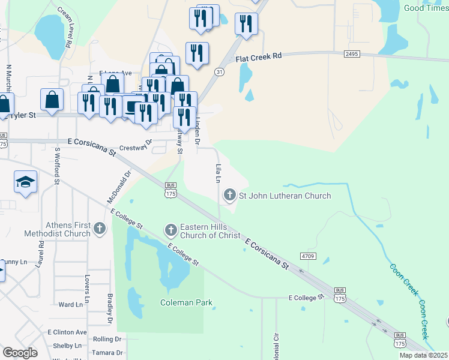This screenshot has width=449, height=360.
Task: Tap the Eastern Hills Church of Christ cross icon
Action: coord(170,229)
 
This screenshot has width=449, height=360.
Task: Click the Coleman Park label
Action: coord(186,303)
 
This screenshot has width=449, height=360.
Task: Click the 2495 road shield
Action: coord(352,54)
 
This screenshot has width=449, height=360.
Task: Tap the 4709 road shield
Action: coord(308,256)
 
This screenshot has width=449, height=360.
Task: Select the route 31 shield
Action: coord(220,72)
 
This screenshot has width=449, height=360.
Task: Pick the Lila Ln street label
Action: coord(219,173)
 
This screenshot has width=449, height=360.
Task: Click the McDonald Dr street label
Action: coord(119,188)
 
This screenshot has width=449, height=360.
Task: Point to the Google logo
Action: coord(20,353)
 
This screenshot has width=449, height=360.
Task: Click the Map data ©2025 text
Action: coord(423,355)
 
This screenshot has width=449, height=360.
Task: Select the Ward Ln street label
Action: coord(70,305)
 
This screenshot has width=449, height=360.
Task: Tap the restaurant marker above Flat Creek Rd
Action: coord(246,24)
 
